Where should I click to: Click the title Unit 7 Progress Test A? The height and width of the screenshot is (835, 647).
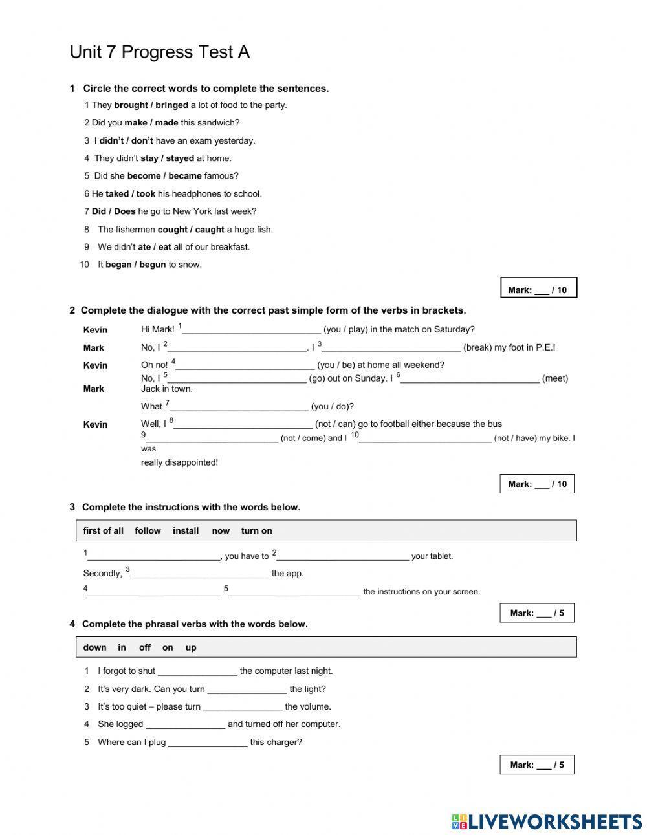[159, 52]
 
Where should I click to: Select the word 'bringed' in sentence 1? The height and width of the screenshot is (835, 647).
[171, 105]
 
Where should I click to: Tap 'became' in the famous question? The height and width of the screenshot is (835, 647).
[184, 175]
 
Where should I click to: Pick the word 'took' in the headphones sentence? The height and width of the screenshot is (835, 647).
[146, 193]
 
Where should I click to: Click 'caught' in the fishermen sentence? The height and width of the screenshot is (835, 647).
[210, 229]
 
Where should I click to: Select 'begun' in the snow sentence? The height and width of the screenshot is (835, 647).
[153, 264]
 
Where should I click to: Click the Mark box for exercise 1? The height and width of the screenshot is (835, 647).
[538, 288]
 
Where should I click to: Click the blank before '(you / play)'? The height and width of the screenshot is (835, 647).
[251, 330]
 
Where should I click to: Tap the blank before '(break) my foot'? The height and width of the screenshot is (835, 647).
[391, 348]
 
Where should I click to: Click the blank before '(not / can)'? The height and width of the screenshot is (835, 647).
[243, 425]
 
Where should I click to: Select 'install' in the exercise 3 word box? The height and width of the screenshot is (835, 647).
[186, 530]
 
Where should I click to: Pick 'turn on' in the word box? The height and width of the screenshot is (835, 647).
[256, 530]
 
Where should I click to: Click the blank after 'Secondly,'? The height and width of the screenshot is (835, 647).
[199, 574]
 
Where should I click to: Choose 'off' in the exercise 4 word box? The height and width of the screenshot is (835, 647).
[144, 647]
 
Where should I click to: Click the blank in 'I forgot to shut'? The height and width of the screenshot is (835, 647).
[197, 671]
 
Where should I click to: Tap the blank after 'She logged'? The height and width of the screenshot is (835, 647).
[185, 724]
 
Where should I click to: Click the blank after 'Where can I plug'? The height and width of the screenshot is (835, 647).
[208, 743]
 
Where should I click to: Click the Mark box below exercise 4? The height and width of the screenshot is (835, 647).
[536, 765]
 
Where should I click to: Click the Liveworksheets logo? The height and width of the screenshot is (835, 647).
[546, 821]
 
